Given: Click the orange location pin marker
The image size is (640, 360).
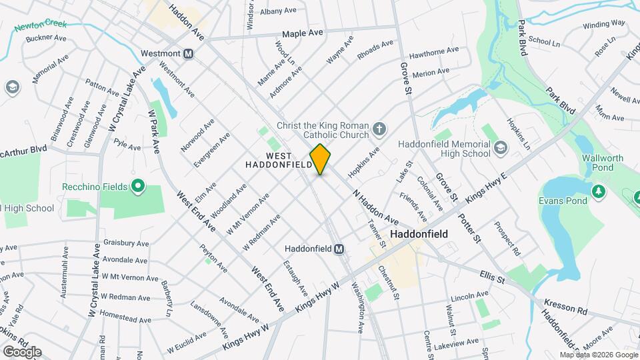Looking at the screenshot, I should [321, 159].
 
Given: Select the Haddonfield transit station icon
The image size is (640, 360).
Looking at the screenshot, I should [339, 249].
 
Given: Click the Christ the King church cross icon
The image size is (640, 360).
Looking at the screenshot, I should [379, 129].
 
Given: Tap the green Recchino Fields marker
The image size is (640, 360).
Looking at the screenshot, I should [139, 186].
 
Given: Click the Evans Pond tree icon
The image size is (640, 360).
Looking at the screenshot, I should [599, 191].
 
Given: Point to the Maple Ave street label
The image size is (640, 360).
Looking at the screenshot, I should [302, 33].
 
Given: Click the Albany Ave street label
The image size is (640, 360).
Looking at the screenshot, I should [278, 11].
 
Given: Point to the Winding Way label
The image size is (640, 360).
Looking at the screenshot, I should [604, 23].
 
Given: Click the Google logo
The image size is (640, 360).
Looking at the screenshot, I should [22, 351].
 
